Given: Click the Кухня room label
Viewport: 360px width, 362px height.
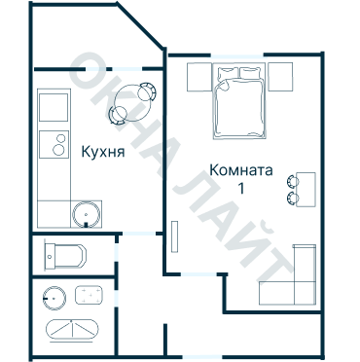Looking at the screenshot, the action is [x=103, y=152].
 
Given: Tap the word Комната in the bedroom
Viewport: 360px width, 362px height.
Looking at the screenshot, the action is [x=241, y=170].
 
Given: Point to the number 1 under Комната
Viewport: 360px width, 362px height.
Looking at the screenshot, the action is [x=241, y=189].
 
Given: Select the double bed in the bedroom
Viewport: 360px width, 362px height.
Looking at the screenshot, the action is [x=239, y=101].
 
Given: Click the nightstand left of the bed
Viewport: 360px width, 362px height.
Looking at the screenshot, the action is [x=199, y=77].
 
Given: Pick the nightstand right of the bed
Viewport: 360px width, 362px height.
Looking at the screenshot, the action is [x=280, y=77].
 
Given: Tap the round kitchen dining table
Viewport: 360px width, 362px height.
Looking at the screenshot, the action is [x=132, y=103].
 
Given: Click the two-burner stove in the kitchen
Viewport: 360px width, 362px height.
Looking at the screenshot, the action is [x=54, y=144].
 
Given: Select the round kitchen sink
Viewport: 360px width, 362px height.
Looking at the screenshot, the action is [x=86, y=214].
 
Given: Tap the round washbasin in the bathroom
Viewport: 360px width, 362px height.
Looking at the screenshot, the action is [x=54, y=298].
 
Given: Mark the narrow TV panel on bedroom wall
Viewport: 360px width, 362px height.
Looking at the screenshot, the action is [x=175, y=236].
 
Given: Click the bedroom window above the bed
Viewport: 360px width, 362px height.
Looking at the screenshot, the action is [x=237, y=55].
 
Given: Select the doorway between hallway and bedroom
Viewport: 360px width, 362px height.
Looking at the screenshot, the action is [x=198, y=274].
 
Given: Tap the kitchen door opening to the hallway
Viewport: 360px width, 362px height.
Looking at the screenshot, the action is [x=139, y=234].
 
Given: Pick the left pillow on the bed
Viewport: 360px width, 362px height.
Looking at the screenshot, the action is [x=228, y=73].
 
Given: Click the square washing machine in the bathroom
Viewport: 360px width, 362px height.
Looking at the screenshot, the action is [x=90, y=295].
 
